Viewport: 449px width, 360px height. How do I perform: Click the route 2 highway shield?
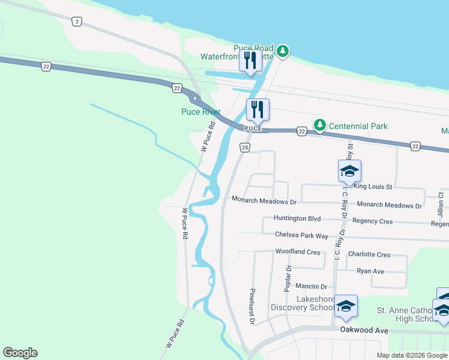pos(76,22)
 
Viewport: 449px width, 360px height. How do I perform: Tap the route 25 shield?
pos(244,147)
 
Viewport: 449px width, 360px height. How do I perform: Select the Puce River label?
pos(201,112)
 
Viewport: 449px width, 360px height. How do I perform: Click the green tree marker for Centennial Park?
pos(321,125)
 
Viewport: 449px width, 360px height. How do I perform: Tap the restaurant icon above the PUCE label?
pos(258,109)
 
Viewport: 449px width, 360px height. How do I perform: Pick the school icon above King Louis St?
pos(349,171)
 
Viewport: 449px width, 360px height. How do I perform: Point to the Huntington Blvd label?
pos(297,218)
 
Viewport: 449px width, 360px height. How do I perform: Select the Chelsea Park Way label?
pos(301,235)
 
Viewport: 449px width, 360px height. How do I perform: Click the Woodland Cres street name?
pos(297,252)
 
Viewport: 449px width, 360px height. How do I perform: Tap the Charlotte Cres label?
pos(369,254)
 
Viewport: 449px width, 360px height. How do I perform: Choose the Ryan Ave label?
pos(370,271)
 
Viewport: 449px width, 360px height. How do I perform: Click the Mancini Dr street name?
pos(311,287)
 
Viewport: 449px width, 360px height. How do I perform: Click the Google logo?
pos(20,353)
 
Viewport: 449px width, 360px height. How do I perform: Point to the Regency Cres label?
pos(372,221)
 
